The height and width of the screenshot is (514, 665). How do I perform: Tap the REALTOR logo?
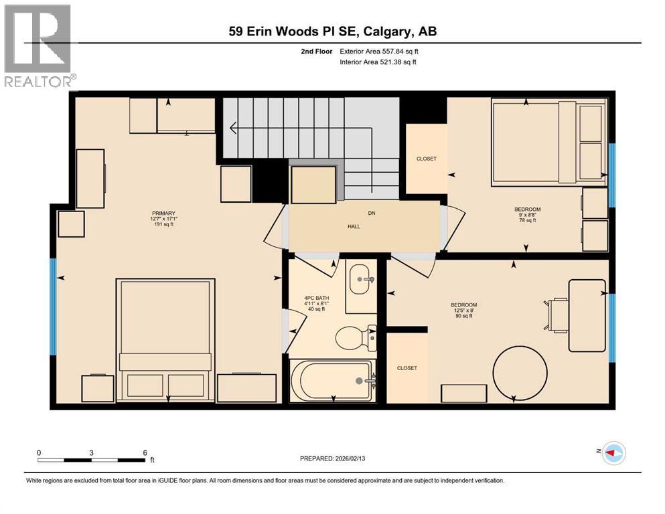click(x=38, y=46)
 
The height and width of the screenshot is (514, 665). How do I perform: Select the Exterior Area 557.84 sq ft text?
click(x=379, y=51)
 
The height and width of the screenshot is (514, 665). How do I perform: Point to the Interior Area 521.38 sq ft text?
click(x=379, y=62)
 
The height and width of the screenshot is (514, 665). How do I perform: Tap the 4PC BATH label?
click(x=314, y=298)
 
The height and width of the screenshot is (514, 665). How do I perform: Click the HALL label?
click(x=354, y=226)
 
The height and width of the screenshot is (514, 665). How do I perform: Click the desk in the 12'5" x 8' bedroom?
click(x=587, y=315)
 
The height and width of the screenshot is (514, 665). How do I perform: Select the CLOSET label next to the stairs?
click(x=426, y=159)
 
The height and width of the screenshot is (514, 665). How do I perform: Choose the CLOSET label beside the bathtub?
click(x=407, y=368)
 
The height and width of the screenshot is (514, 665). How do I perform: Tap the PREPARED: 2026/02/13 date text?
click(x=333, y=458)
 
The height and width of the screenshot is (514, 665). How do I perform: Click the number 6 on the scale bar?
click(x=145, y=452)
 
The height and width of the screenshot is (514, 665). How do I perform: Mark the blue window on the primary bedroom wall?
click(x=53, y=307)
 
